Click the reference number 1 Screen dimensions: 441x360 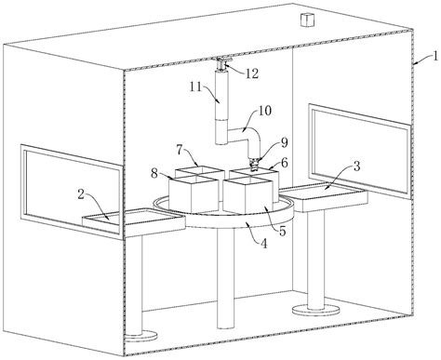pos(435,57)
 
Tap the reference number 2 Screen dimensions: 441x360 pos(81,194)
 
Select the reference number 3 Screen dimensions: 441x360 pos(356,167)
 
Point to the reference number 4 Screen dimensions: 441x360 pos(263,244)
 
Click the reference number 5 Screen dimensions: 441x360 pos(282,231)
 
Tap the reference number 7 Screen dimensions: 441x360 pos(180,150)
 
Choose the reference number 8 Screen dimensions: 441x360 pos(154,174)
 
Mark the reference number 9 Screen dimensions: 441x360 pos(285,142)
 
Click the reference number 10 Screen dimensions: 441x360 pos(264,111)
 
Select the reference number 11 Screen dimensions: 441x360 pos(196,87)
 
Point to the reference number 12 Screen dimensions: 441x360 pos(252,73)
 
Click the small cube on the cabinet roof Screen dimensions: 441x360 pos(306,20)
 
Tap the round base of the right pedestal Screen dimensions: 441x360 pos(315,310)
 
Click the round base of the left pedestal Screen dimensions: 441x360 pos(141,336)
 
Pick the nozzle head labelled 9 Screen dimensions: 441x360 pos(254,164)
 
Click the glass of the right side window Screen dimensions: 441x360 pos(360,152)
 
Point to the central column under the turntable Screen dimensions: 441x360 pos(225,277)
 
